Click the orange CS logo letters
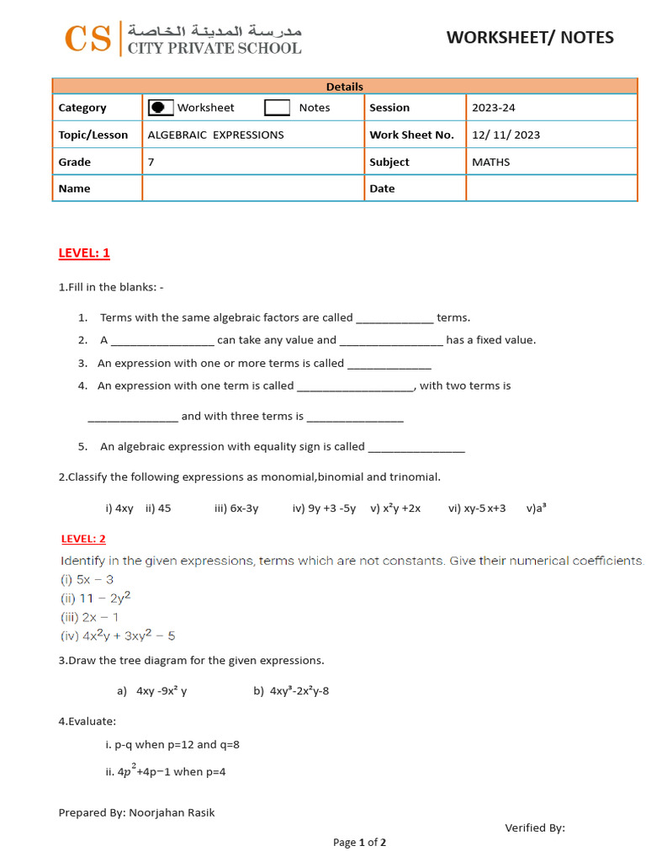click(87, 39)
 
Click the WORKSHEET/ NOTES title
click(529, 37)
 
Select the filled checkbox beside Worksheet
click(161, 108)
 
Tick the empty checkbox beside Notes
click(277, 108)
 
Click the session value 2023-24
click(493, 108)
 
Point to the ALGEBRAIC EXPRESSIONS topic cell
click(216, 135)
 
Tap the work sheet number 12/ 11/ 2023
click(506, 135)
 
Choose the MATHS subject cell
click(490, 162)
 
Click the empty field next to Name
click(252, 189)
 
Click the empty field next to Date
click(551, 189)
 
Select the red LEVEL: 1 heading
click(84, 253)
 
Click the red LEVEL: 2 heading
click(83, 539)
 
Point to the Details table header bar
click(345, 86)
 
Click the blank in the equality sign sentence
click(416, 448)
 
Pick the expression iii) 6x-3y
click(236, 508)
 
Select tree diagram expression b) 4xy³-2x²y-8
click(291, 691)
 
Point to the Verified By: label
click(535, 827)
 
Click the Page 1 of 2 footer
click(359, 842)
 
